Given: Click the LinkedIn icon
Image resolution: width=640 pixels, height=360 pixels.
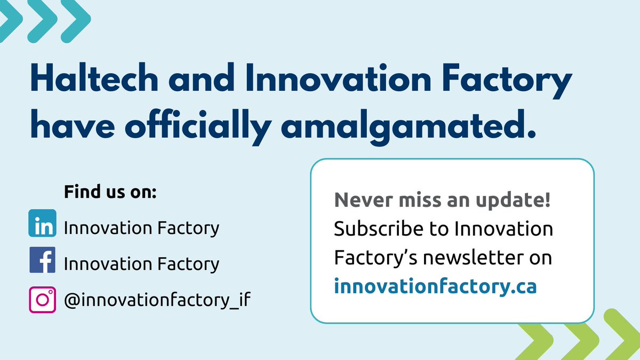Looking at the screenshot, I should coord(42,223).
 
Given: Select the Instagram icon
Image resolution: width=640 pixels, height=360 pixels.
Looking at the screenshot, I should coord(42,300).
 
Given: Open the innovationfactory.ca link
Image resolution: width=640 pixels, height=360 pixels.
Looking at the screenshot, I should coord(435,286).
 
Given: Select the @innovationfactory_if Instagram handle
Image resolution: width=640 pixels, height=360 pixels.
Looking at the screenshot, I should coord(157,300).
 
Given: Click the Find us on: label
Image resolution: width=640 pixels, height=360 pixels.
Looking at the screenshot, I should coord(110,192).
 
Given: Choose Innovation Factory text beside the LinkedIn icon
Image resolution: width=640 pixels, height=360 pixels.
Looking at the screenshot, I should coord(141,228).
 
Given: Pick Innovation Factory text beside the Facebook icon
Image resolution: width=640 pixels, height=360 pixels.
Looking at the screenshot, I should coord(141,263).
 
